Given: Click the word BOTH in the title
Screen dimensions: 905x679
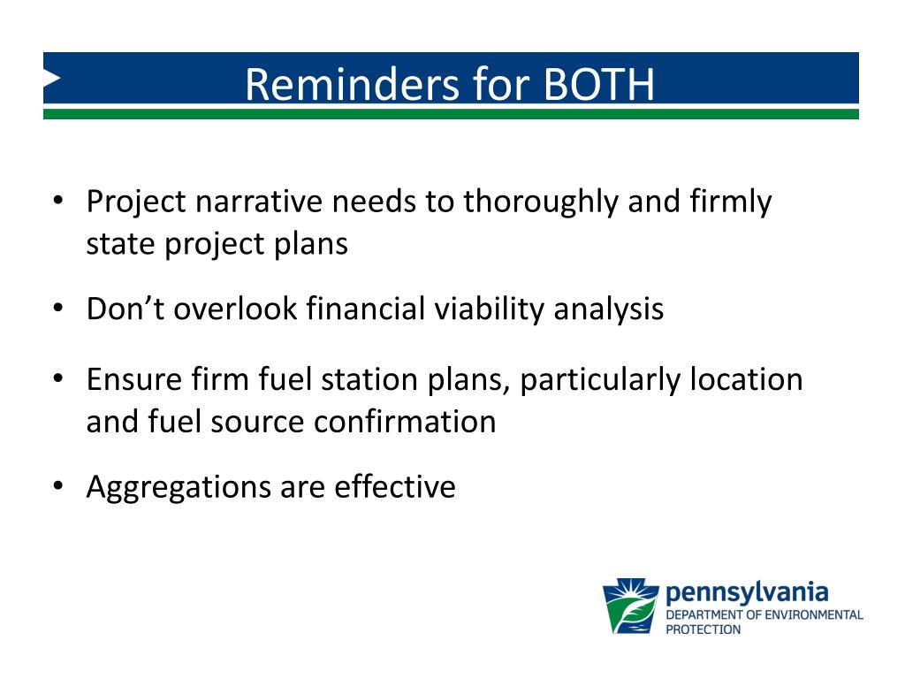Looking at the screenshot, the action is (599, 84).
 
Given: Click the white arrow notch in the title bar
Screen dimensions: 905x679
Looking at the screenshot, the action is (51, 78).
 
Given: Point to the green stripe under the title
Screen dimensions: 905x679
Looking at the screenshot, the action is (451, 114).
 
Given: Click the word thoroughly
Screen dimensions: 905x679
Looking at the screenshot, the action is (541, 202).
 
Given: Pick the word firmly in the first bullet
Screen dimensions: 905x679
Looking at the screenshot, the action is (731, 202).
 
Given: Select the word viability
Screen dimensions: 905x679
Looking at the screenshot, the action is (489, 309).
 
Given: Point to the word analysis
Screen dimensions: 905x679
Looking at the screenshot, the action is (608, 309).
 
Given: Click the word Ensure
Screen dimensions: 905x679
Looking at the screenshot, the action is (134, 380).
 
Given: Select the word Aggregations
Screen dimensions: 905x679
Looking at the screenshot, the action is (179, 488).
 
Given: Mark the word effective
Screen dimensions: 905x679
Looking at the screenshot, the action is (395, 487).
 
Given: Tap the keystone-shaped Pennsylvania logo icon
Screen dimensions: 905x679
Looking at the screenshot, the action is (630, 606).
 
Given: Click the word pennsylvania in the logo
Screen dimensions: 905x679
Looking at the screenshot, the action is (747, 593).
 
